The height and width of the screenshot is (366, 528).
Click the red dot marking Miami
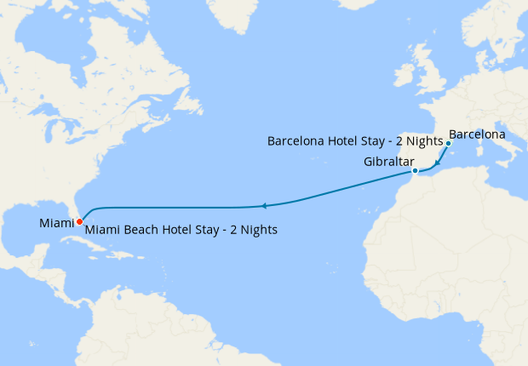[79, 221]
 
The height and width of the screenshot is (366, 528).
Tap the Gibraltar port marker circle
[415, 172]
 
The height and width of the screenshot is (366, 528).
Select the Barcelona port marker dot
[448, 143]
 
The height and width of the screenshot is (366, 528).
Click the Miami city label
[55, 223]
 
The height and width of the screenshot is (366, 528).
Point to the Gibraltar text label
[388, 162]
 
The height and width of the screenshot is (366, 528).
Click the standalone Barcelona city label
[477, 134]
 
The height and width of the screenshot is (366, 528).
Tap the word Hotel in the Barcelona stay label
[341, 140]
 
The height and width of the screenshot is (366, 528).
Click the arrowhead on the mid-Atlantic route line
[265, 206]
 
